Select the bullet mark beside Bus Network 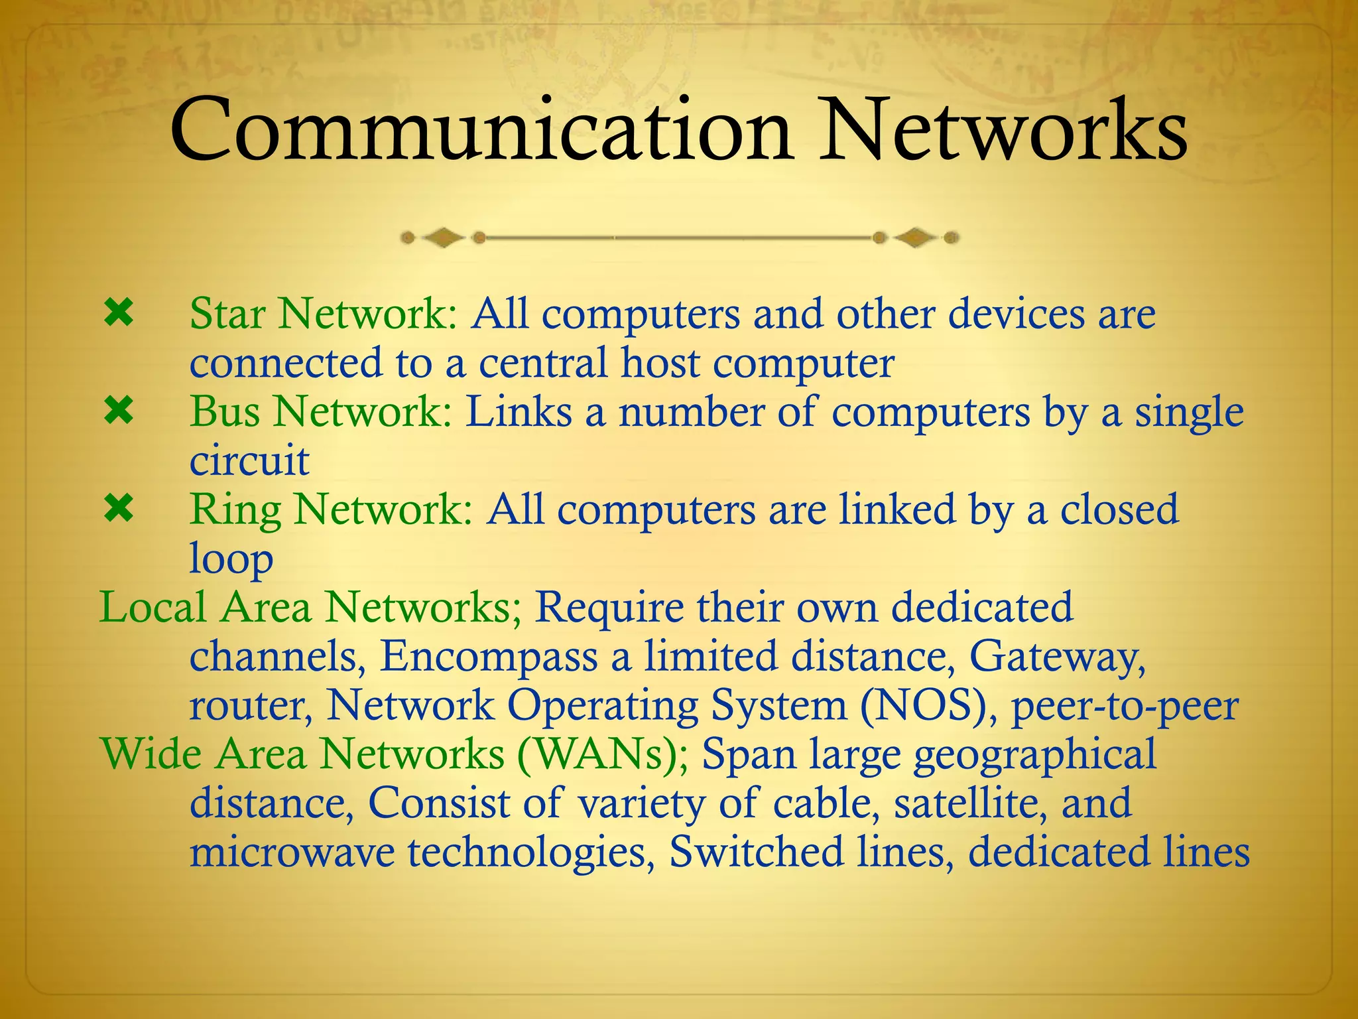[119, 412]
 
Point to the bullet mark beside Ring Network [119, 509]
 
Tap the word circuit [249, 460]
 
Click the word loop [231, 559]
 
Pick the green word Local [153, 608]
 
